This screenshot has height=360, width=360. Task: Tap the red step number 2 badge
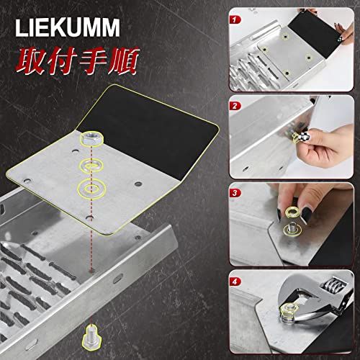tap(233, 106)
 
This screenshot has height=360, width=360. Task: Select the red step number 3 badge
tap(233, 193)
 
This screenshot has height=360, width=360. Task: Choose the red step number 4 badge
tap(233, 282)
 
